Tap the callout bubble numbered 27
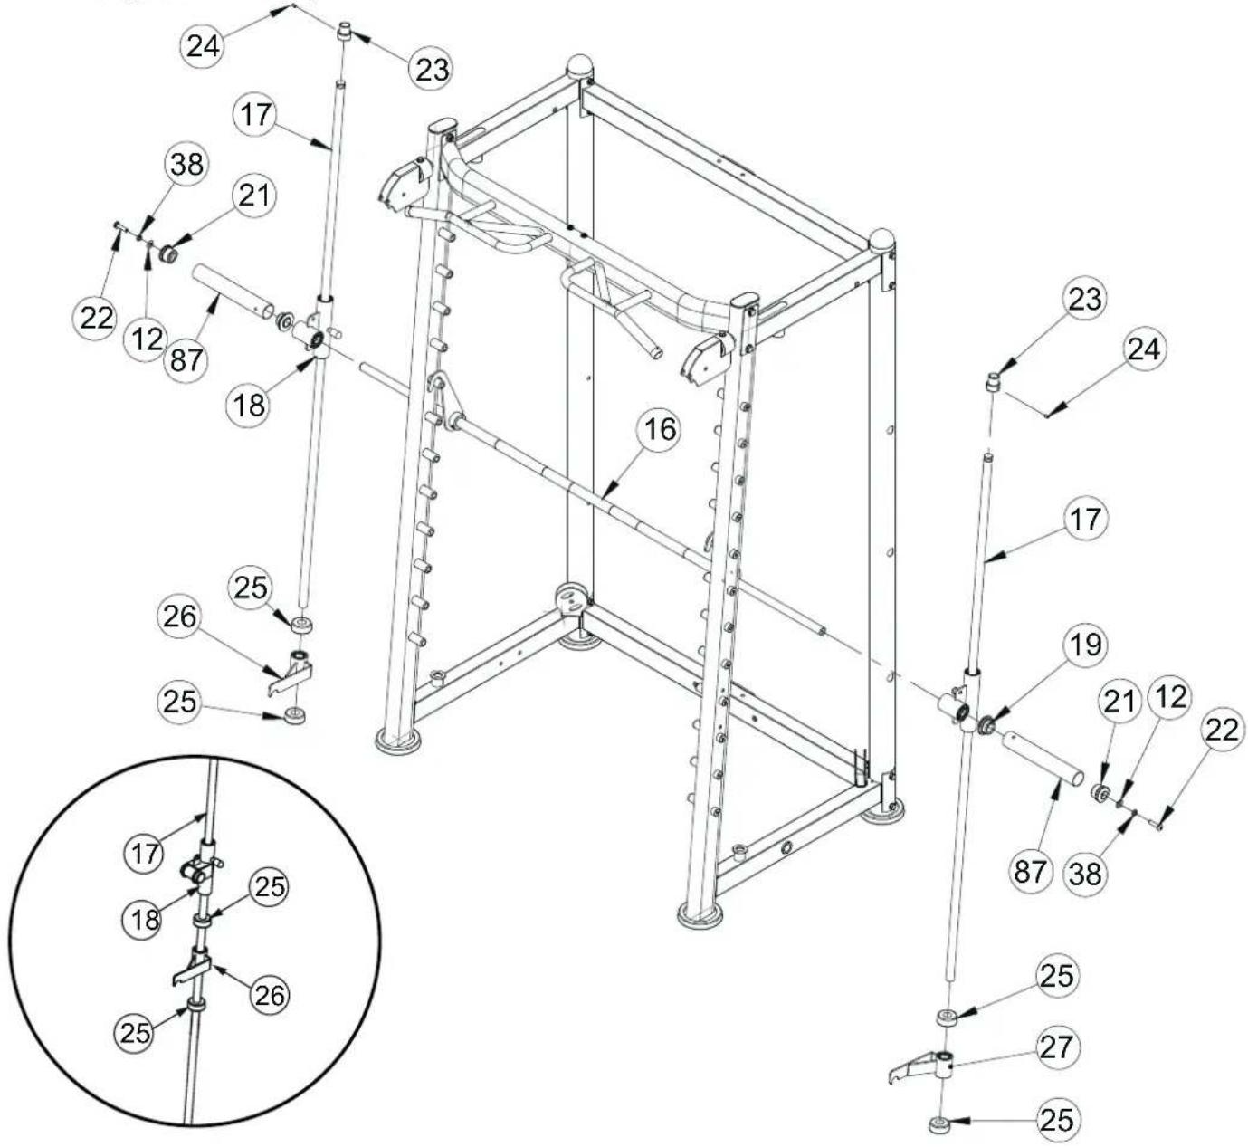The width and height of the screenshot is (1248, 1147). point(1055,1047)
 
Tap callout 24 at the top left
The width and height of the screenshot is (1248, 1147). point(204,45)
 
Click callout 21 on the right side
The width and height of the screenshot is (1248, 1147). point(1121,703)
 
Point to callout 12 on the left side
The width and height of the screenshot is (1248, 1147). point(146,339)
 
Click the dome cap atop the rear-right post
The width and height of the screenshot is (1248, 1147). point(881,241)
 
